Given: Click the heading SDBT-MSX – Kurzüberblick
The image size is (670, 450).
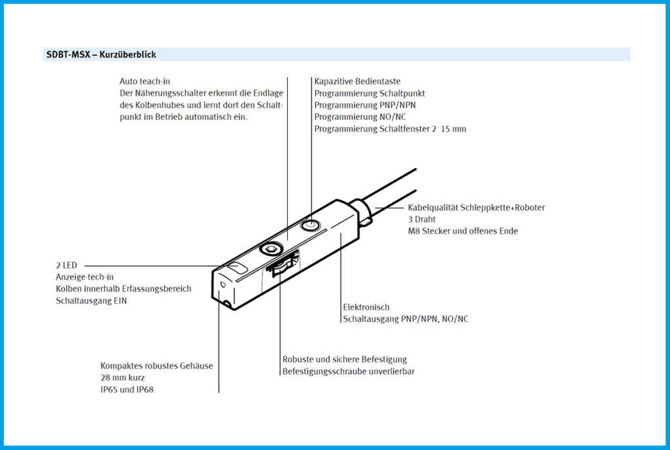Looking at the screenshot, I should click(101, 55).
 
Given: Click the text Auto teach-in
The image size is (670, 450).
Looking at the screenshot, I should click(145, 82).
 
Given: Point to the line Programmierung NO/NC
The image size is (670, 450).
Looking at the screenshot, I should click(361, 117).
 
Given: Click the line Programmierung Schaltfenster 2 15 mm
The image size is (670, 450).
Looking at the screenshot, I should click(390, 129).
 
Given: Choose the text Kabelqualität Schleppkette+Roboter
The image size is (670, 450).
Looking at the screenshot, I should click(476, 208).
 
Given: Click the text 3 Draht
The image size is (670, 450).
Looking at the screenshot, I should click(422, 219).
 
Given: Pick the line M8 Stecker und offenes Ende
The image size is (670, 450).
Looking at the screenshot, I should click(463, 231).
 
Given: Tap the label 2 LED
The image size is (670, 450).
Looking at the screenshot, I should click(67, 265).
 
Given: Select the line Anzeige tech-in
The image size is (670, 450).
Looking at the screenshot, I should click(84, 277).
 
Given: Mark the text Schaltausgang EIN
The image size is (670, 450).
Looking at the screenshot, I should click(92, 301).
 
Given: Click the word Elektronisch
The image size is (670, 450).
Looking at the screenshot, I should click(366, 307).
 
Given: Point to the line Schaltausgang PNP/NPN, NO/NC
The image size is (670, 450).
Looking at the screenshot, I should click(406, 319).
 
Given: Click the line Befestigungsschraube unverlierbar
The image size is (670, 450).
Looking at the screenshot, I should click(349, 371).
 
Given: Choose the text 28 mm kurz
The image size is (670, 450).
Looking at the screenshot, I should click(123, 378).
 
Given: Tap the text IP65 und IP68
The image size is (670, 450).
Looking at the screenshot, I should click(127, 390).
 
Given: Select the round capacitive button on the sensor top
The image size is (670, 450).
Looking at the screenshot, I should click(309, 226).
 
